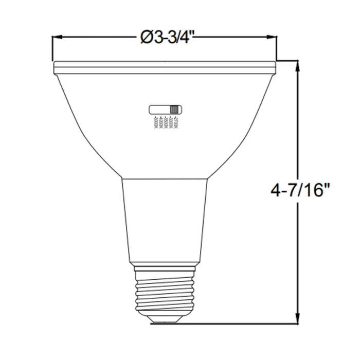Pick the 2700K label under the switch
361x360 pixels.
point(176,123)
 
